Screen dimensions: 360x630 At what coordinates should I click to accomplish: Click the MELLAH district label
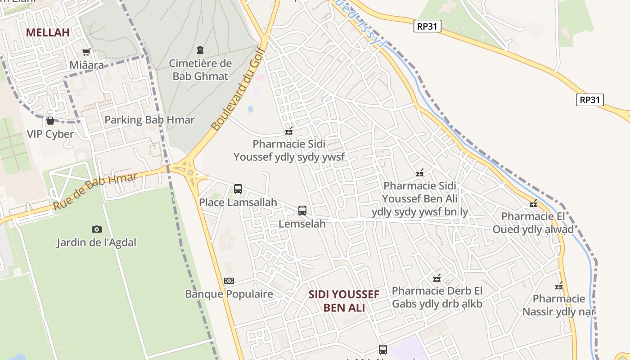[x=48, y=32]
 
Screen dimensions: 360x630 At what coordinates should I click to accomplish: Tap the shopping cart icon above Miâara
[x=86, y=52]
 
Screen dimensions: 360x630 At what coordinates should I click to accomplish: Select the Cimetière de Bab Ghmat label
[x=201, y=70]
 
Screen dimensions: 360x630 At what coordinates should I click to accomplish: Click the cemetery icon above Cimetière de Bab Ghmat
[x=200, y=50]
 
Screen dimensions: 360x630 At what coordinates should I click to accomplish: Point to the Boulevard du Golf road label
[x=237, y=88]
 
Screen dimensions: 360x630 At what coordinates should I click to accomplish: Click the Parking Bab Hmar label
[x=149, y=120]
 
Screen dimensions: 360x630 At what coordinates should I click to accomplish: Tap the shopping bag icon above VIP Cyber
[x=50, y=121]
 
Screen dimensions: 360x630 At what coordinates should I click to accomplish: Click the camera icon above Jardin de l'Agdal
[x=96, y=229]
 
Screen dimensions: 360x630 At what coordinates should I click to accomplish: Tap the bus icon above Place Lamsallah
[x=238, y=189]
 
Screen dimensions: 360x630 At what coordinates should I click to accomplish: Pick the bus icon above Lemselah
[x=302, y=210]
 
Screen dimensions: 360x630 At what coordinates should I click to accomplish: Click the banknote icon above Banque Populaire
[x=229, y=281]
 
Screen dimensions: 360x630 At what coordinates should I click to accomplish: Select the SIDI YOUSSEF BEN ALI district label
[x=344, y=301]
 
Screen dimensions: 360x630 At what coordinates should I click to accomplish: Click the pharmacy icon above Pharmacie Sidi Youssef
[x=289, y=131]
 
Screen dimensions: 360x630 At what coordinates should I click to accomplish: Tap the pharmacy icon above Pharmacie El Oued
[x=533, y=203]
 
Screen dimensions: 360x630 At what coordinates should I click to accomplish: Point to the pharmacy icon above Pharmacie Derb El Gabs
[x=436, y=278]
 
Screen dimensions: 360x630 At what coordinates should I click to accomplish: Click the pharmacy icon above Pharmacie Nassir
[x=559, y=286]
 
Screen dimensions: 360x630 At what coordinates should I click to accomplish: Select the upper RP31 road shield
[x=427, y=26]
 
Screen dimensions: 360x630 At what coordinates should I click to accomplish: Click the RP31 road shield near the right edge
[x=589, y=100]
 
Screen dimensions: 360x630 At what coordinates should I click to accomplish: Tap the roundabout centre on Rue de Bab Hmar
[x=190, y=172]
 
